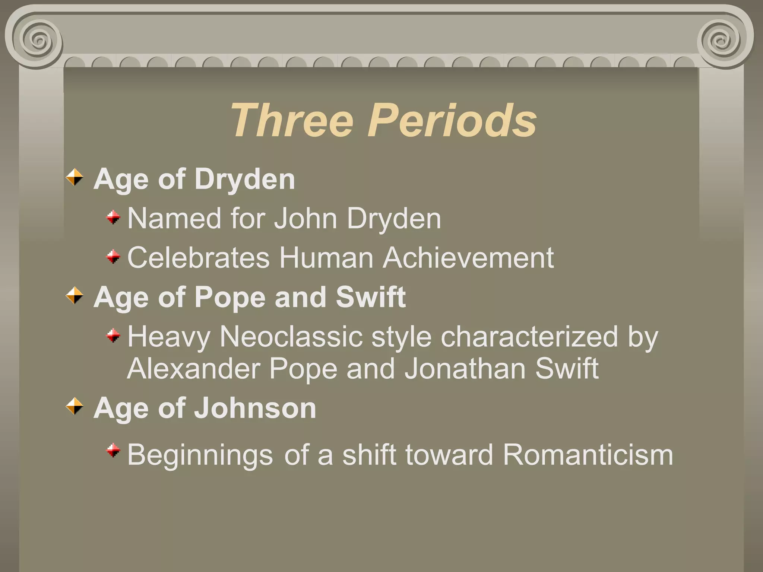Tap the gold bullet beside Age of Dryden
point(75,177)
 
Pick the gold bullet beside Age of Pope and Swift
point(75,296)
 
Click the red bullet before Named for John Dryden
point(113,217)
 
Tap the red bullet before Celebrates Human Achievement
point(113,257)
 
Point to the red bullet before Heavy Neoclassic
point(113,336)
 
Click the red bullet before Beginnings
point(113,451)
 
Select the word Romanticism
point(588,454)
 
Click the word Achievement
point(468,258)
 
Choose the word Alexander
point(193,369)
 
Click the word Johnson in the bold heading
point(255,408)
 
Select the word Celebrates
point(198,258)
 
